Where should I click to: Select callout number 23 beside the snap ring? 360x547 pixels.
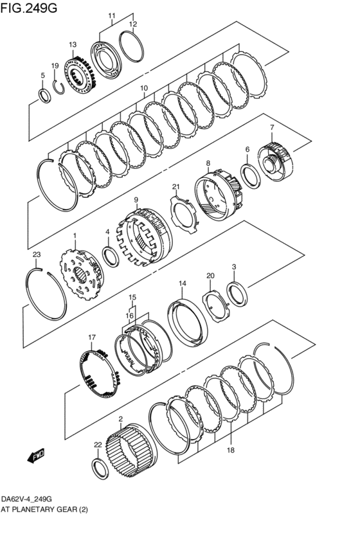tap(37, 255)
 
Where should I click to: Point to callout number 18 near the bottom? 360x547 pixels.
tap(231, 451)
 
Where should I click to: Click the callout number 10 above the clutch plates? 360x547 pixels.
tap(143, 88)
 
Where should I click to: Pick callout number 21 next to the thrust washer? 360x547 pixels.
tap(175, 187)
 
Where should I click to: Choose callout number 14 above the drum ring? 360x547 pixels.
tap(183, 283)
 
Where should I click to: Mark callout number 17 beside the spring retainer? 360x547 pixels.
tap(92, 337)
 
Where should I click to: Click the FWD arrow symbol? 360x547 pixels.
tap(35, 456)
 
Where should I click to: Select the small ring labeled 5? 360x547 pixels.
tap(44, 96)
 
